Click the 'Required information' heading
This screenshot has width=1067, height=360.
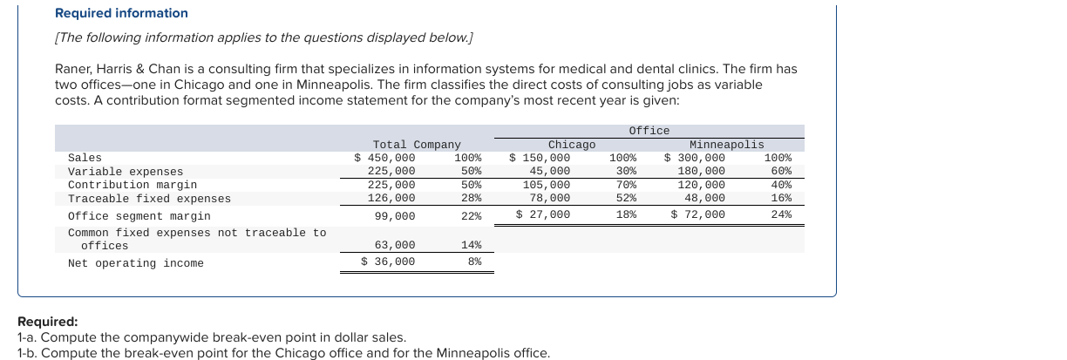121,13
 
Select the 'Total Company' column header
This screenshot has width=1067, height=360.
416,145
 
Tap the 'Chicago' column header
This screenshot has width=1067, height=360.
571,145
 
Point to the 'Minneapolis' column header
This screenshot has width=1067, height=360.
725,145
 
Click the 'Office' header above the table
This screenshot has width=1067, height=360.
649,131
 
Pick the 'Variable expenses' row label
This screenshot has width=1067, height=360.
126,172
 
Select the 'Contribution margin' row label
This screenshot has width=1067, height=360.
133,185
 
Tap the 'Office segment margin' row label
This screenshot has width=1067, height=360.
139,215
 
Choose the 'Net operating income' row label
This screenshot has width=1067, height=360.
135,263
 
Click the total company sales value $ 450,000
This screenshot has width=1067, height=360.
384,158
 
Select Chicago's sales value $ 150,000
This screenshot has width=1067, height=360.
540,158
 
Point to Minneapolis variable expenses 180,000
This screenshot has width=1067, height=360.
701,172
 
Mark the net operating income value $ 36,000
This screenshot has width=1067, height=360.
389,262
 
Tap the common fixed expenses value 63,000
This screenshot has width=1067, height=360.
395,246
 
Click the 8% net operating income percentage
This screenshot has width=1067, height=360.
474,262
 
